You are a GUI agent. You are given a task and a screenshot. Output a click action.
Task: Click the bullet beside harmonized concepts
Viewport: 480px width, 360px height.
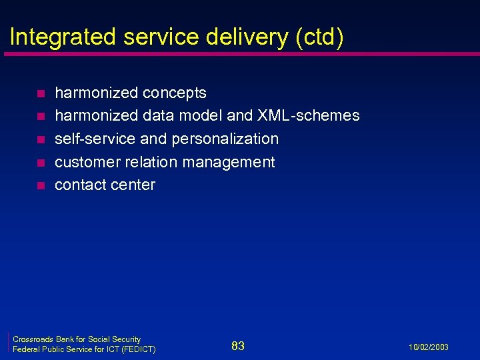(40, 93)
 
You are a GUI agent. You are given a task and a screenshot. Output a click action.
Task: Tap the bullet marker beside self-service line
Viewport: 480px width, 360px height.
(40, 139)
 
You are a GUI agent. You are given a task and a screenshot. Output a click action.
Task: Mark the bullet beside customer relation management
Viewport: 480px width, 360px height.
(40, 163)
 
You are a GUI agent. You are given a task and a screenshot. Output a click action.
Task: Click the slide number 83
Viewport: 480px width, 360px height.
(238, 345)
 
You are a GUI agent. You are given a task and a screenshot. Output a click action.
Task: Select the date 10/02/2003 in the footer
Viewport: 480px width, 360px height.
(430, 347)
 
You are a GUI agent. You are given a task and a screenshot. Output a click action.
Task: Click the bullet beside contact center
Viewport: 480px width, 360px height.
(40, 185)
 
